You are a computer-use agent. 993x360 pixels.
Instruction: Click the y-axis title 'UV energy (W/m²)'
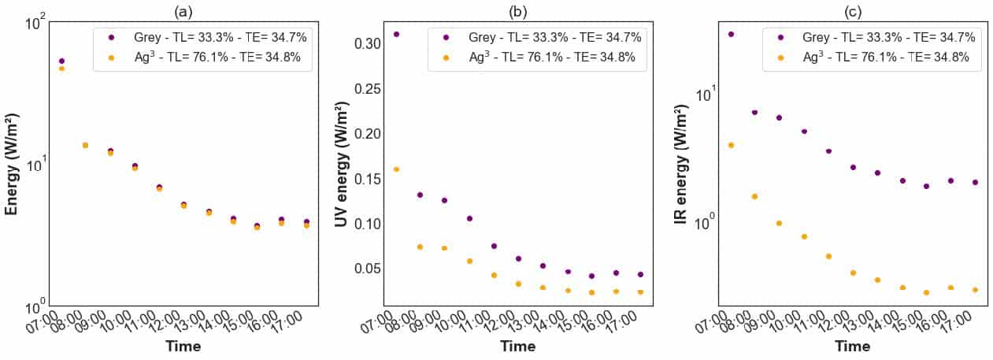[x=342, y=165]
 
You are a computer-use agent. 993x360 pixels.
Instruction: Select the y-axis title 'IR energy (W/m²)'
[x=683, y=165]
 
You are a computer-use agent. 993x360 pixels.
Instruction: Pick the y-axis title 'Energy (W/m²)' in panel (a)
[x=13, y=165]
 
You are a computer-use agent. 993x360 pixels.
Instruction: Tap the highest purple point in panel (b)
[x=396, y=35]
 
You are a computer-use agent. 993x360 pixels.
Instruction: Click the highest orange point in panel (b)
[x=396, y=169]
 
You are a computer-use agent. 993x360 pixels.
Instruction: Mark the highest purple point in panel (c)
[x=731, y=35]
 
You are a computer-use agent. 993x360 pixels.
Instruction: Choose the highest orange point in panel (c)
[x=731, y=145]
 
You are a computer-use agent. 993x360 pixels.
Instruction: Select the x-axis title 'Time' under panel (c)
[x=853, y=347]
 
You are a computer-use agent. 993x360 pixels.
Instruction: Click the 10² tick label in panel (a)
[x=31, y=23]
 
